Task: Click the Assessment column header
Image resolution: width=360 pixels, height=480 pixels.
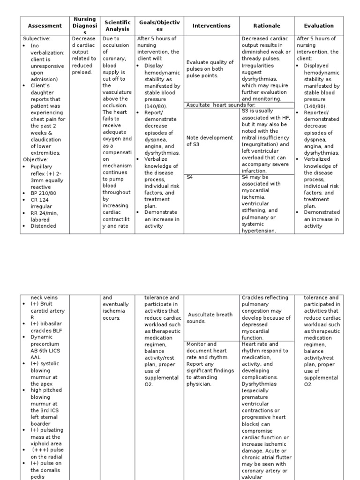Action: (45, 26)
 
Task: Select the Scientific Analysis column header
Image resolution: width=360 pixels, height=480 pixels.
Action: (117, 26)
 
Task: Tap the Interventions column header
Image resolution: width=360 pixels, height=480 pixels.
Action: (211, 26)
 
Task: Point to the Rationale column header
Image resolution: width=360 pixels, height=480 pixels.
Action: (266, 26)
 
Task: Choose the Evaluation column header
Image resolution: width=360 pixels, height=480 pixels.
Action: (319, 26)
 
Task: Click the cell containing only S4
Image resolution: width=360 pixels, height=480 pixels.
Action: (190, 177)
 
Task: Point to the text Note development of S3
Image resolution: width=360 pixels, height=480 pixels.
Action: (209, 141)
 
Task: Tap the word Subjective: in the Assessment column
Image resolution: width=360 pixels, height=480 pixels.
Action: (37, 38)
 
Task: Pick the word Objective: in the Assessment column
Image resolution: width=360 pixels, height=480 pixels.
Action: (36, 159)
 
